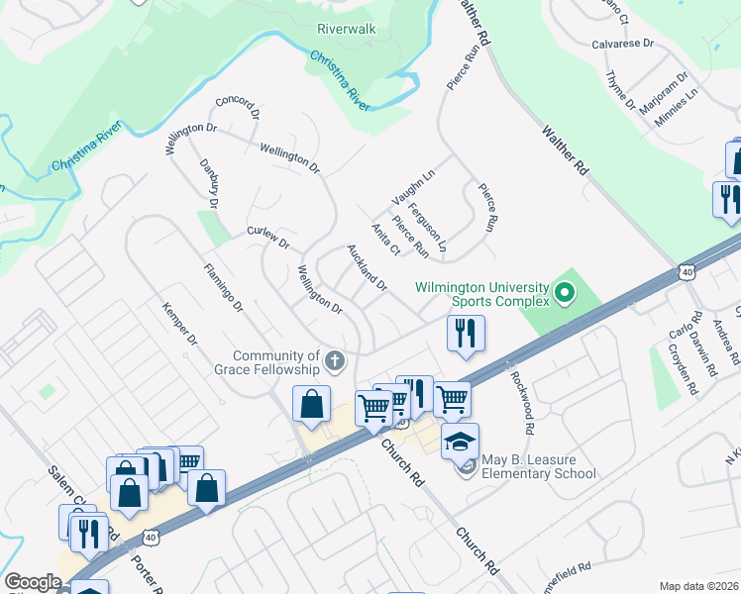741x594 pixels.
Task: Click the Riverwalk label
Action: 346,29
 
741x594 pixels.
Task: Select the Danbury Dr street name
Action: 208,183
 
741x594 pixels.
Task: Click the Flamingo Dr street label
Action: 223,287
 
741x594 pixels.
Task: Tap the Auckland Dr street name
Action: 367,267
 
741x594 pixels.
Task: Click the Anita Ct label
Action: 385,240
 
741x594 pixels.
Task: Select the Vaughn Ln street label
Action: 413,184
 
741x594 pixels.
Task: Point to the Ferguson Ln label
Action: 435,226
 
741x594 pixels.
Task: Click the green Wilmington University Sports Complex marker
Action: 565,293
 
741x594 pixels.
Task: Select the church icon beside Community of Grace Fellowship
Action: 335,362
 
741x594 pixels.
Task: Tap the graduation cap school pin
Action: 460,440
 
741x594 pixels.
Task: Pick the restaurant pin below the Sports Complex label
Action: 465,332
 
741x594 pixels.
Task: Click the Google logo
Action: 33,582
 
